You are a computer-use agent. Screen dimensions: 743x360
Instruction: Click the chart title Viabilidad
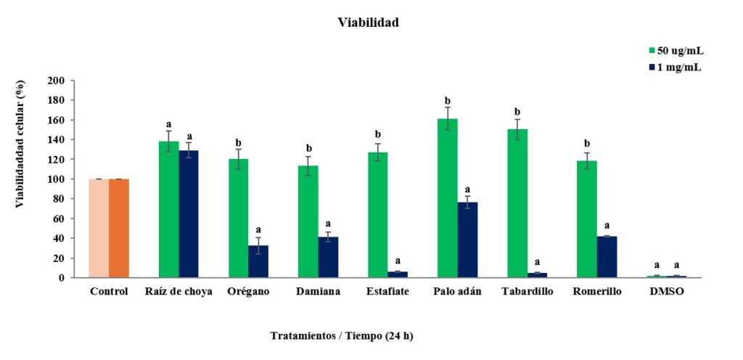coord(368,22)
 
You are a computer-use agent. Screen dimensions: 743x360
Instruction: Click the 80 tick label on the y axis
coord(59,199)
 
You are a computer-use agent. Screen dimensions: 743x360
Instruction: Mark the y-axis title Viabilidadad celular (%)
coord(20,144)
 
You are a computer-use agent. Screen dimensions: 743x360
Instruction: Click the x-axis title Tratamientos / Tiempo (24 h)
coord(342,336)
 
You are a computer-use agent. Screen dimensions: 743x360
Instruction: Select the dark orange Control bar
coord(119,229)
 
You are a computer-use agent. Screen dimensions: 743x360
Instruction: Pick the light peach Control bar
coord(99,229)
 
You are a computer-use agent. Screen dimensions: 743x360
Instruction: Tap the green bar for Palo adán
coord(447,198)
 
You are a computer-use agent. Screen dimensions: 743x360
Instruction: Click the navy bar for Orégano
coord(258,261)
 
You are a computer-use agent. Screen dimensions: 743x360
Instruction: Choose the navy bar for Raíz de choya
coord(189,214)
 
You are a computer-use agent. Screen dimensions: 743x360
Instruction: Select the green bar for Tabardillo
coord(517,203)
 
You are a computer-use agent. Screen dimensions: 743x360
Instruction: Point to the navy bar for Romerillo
coord(607,257)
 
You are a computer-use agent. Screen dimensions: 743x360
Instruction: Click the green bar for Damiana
coord(308,221)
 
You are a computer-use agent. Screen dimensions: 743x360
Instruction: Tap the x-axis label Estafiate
coord(388,292)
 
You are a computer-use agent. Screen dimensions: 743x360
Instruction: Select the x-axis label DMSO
coord(668,292)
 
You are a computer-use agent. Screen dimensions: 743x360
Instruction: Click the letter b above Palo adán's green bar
coord(448,101)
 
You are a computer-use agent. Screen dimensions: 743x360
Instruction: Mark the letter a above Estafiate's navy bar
coord(398,261)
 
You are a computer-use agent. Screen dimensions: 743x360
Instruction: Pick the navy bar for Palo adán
coord(468,240)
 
